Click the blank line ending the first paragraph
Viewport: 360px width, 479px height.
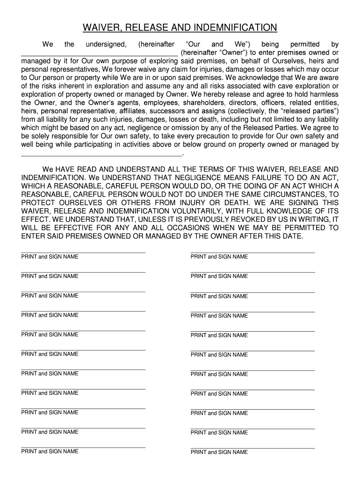tap(101, 154)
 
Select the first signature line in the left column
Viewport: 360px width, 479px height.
tap(83, 253)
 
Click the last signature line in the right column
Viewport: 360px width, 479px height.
tap(252, 448)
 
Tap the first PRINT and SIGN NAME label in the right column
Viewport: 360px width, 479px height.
tap(219, 257)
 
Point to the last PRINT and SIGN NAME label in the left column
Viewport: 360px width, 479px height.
tap(50, 451)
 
